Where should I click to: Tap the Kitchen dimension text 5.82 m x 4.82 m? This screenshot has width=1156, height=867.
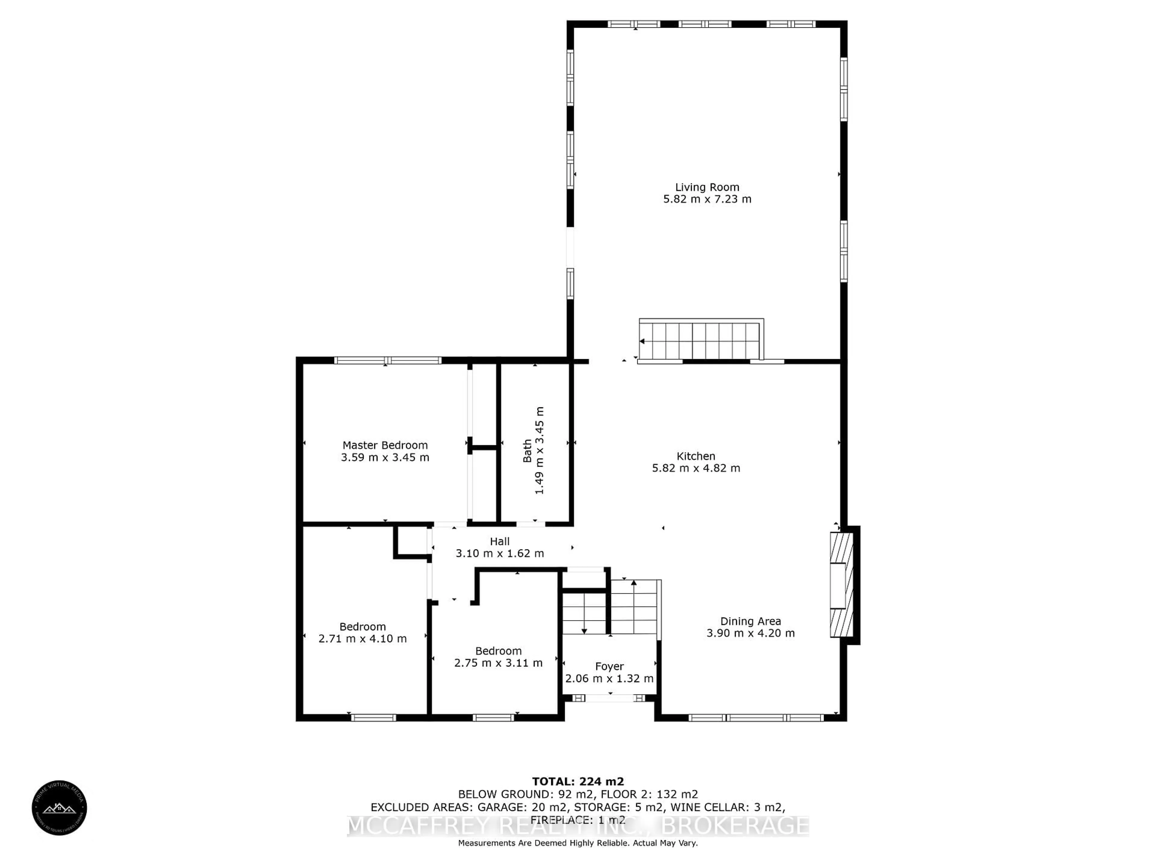tap(696, 468)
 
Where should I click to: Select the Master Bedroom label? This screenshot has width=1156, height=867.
tap(385, 445)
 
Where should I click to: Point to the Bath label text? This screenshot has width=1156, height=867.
tap(527, 450)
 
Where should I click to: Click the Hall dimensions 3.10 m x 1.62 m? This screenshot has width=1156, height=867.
tap(500, 553)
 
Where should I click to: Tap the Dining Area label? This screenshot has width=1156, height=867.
tap(750, 621)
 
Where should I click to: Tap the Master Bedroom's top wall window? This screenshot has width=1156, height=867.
tap(388, 360)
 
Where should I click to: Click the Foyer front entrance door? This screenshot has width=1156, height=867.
tap(609, 698)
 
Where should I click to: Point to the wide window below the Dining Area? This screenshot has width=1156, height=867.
tap(756, 718)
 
